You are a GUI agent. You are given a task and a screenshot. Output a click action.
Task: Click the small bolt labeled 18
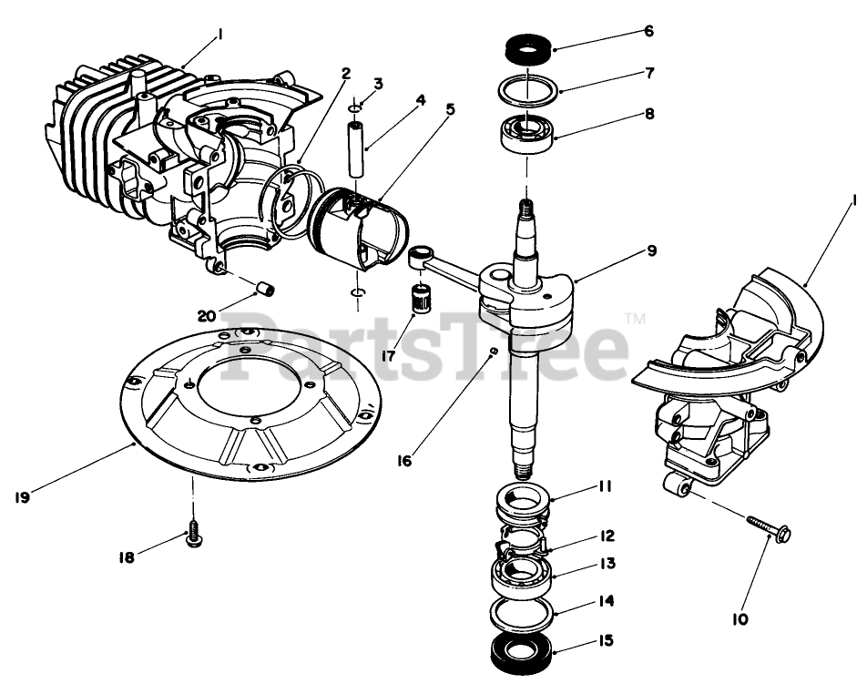point(193,537)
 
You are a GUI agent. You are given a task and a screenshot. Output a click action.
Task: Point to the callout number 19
point(24,496)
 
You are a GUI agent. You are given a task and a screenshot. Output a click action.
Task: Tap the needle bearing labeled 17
point(420,298)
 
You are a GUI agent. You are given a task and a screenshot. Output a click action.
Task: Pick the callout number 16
point(403,461)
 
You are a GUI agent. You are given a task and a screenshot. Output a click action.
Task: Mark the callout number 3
point(378,83)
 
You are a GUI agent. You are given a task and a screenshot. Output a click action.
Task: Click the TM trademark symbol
point(636,319)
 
